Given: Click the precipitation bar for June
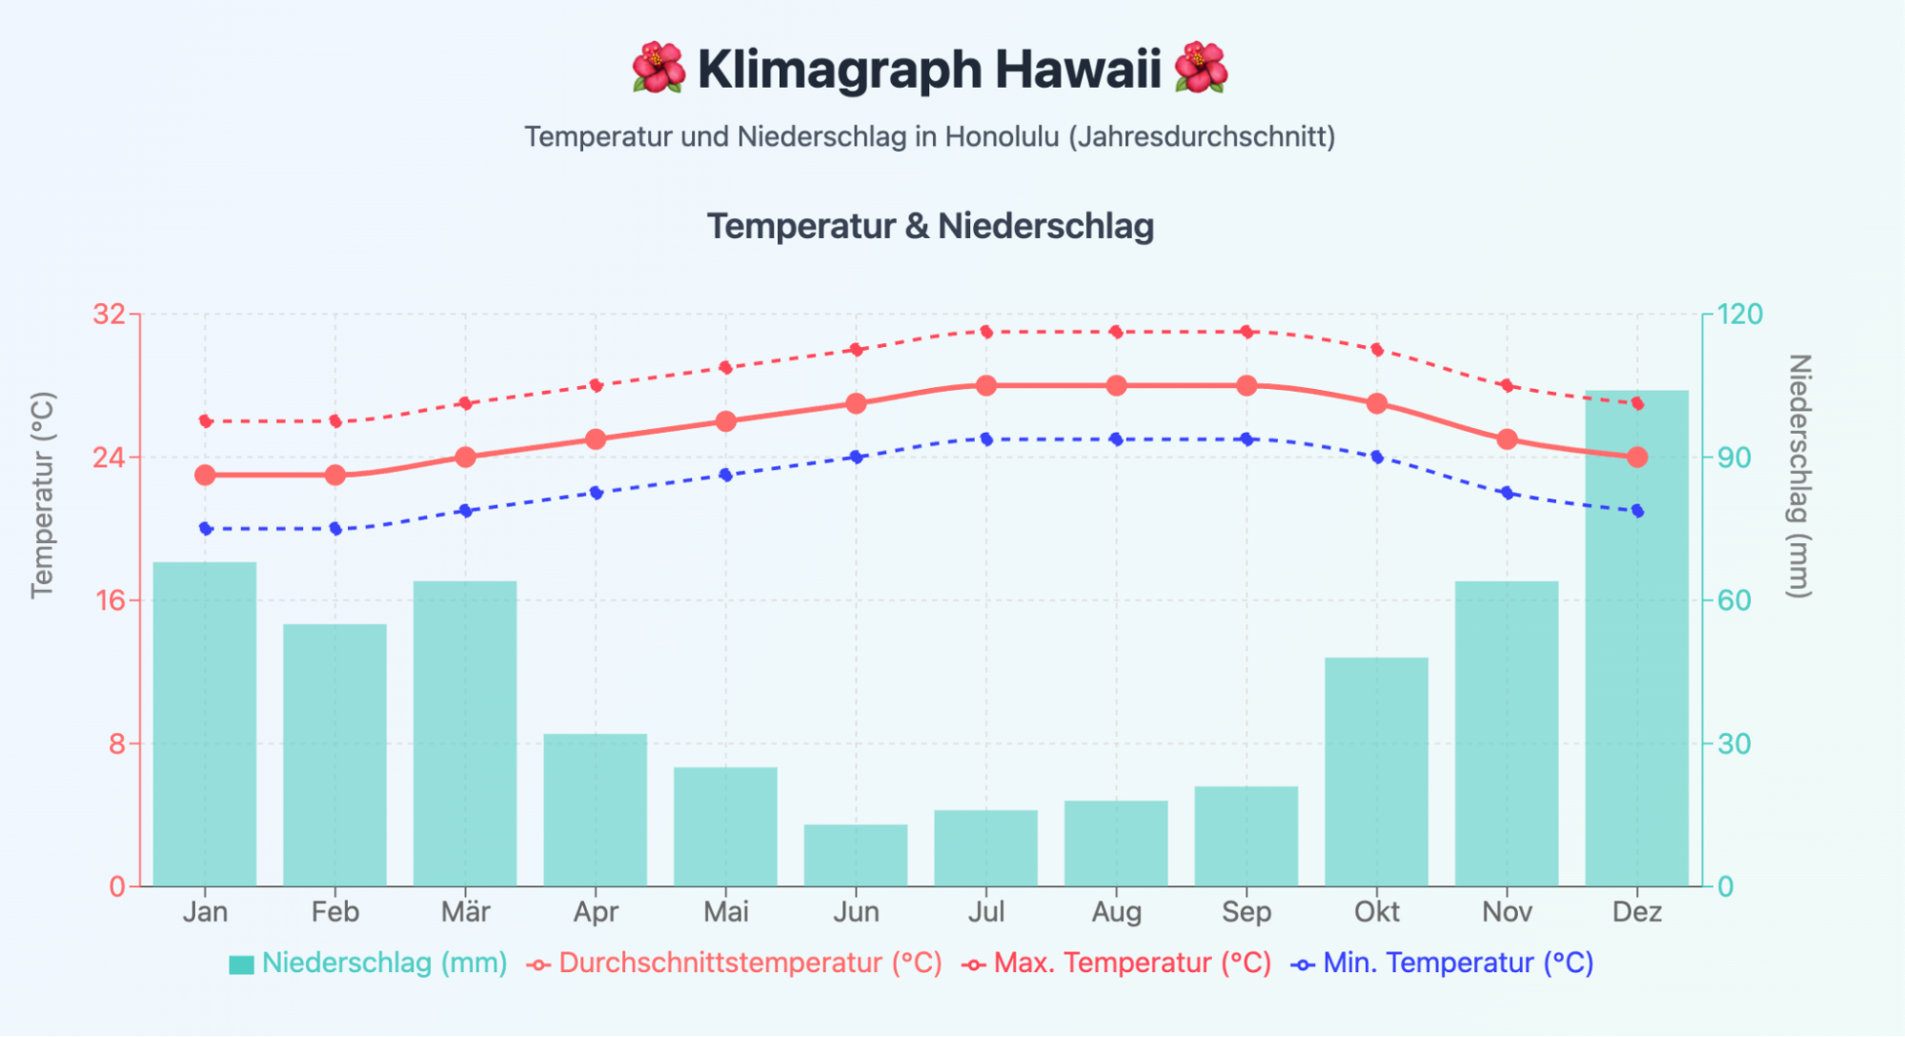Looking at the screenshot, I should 855,855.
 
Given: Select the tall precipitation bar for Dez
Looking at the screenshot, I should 1636,639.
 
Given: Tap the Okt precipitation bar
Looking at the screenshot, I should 1376,771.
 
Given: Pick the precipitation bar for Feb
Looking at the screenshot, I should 334,755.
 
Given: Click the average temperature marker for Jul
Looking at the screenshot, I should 986,386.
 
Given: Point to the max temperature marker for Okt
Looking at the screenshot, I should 1376,350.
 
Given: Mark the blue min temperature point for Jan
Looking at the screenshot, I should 205,528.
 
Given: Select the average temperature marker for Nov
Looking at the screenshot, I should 1507,439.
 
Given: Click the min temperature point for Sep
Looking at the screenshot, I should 1246,439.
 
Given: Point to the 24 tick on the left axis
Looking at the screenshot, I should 109,457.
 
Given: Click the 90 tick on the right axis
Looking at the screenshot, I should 1734,457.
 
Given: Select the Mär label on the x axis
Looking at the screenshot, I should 465,912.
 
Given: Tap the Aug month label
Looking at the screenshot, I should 1116,912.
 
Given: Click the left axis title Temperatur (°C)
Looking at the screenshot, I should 42,496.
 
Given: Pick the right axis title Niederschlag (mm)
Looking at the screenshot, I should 1798,477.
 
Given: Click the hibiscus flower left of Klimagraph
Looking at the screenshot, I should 658,69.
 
